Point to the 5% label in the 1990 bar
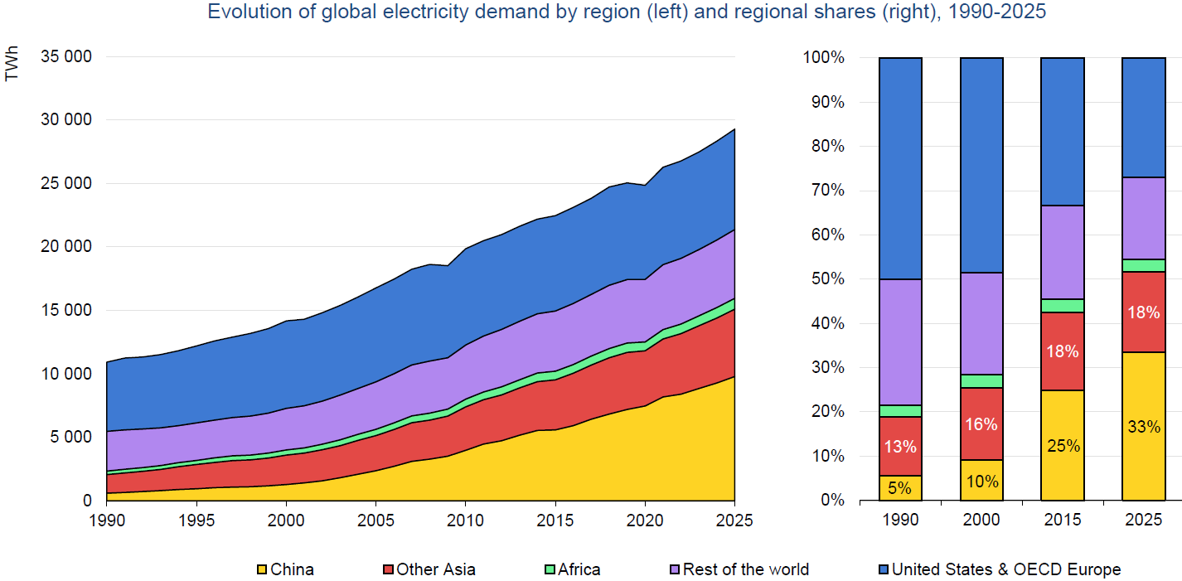click(x=900, y=488)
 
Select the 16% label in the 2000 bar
click(x=981, y=424)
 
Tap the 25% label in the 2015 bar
click(x=1062, y=446)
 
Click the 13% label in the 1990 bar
click(x=900, y=447)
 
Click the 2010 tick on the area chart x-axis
click(x=465, y=520)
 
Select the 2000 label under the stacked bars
click(x=981, y=520)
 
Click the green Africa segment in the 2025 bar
click(x=1143, y=265)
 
